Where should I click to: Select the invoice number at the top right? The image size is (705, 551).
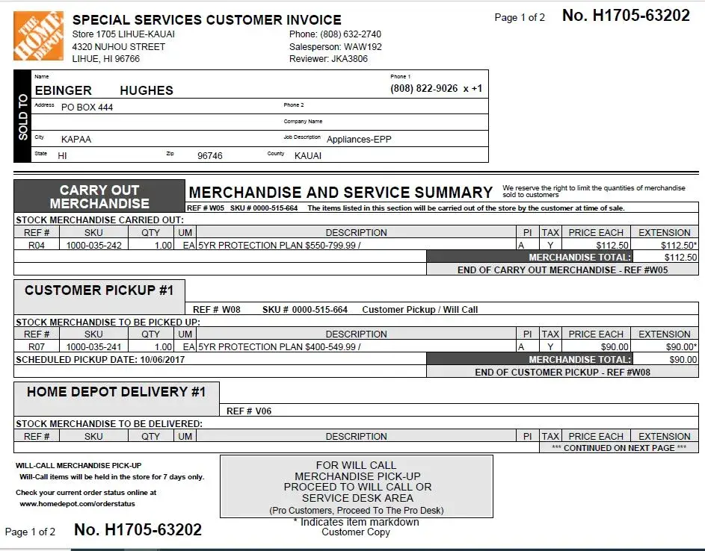click(x=626, y=16)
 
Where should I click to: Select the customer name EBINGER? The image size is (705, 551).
click(x=64, y=90)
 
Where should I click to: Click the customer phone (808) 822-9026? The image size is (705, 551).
click(x=424, y=88)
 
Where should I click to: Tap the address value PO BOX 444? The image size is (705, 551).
click(x=87, y=108)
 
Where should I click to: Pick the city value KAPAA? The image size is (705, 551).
click(x=76, y=140)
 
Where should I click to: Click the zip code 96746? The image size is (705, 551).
click(x=209, y=156)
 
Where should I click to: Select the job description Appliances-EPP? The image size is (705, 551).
click(x=359, y=139)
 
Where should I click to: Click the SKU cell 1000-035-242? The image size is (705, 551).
click(x=93, y=245)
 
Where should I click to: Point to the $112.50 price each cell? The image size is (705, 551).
click(x=612, y=245)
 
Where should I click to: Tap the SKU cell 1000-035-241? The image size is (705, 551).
click(x=93, y=346)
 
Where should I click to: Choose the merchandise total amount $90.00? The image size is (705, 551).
click(x=683, y=359)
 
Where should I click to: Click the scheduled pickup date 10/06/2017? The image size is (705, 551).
click(x=162, y=359)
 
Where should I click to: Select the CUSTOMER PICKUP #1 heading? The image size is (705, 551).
click(x=99, y=290)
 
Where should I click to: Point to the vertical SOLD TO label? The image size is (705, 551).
click(x=22, y=116)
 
